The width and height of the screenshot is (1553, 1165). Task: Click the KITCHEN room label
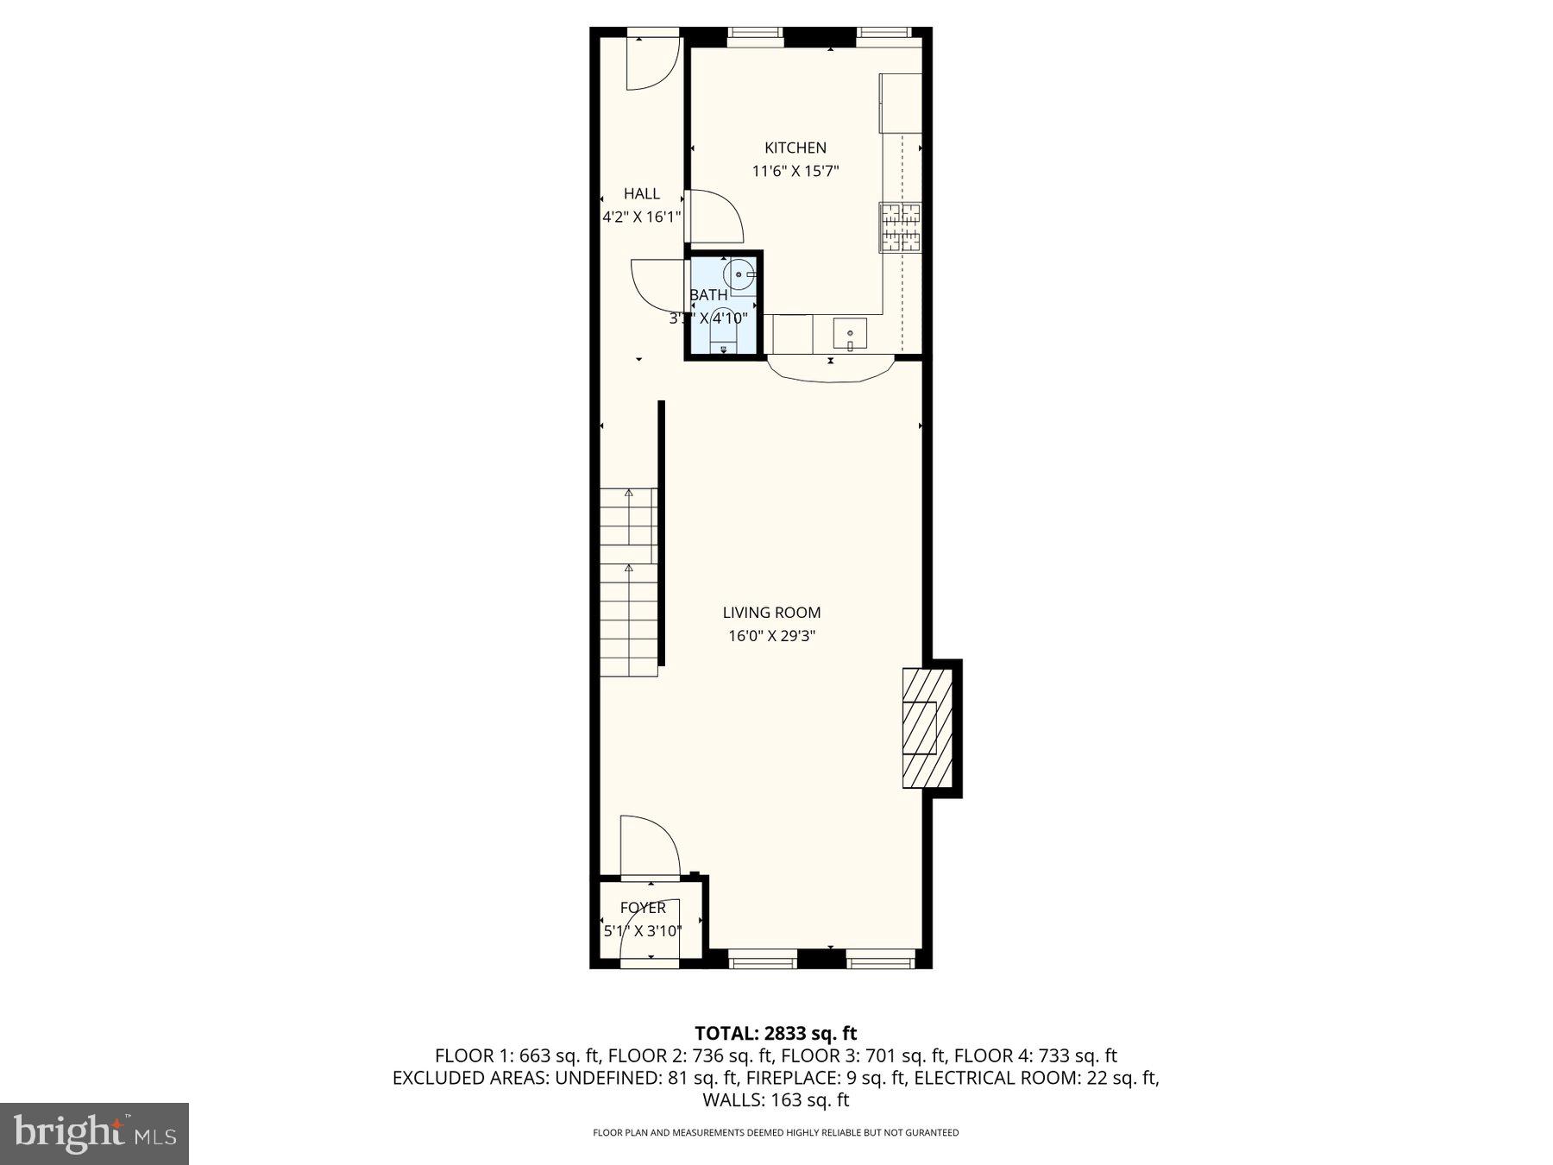(795, 148)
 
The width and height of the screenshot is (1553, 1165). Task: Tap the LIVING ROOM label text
(771, 613)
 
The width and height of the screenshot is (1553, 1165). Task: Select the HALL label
(641, 193)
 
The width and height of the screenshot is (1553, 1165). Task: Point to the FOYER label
(643, 908)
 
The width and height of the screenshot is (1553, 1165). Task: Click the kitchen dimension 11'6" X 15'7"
(795, 171)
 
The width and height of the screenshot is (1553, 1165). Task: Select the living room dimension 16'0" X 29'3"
(771, 636)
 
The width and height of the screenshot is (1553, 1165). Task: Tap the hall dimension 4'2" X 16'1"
(641, 217)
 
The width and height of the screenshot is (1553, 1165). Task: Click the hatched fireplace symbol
(927, 727)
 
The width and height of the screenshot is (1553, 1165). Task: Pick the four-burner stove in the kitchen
(900, 227)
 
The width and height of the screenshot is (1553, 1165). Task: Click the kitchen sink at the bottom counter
(850, 333)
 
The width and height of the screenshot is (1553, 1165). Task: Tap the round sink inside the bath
(739, 274)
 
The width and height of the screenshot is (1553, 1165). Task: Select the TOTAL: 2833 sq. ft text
(776, 1033)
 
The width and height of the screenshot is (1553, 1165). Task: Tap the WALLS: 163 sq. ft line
(776, 1100)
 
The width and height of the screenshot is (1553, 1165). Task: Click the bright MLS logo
(94, 1133)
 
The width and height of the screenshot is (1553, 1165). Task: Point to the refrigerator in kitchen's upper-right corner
(900, 103)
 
